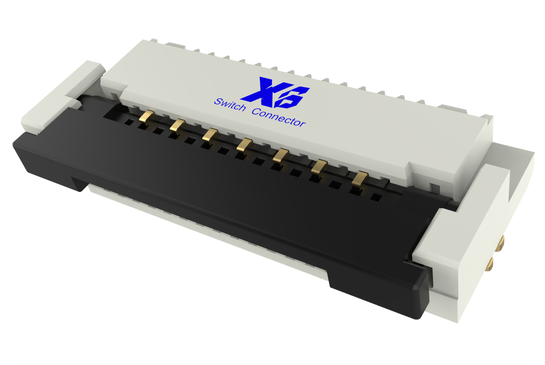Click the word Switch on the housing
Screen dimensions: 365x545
click(x=230, y=104)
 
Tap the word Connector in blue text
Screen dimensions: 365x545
click(x=279, y=117)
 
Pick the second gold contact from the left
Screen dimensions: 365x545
click(x=177, y=125)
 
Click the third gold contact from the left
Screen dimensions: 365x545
click(x=209, y=135)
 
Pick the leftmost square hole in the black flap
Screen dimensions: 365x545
click(x=128, y=122)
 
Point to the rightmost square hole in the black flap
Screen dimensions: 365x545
click(x=376, y=197)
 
